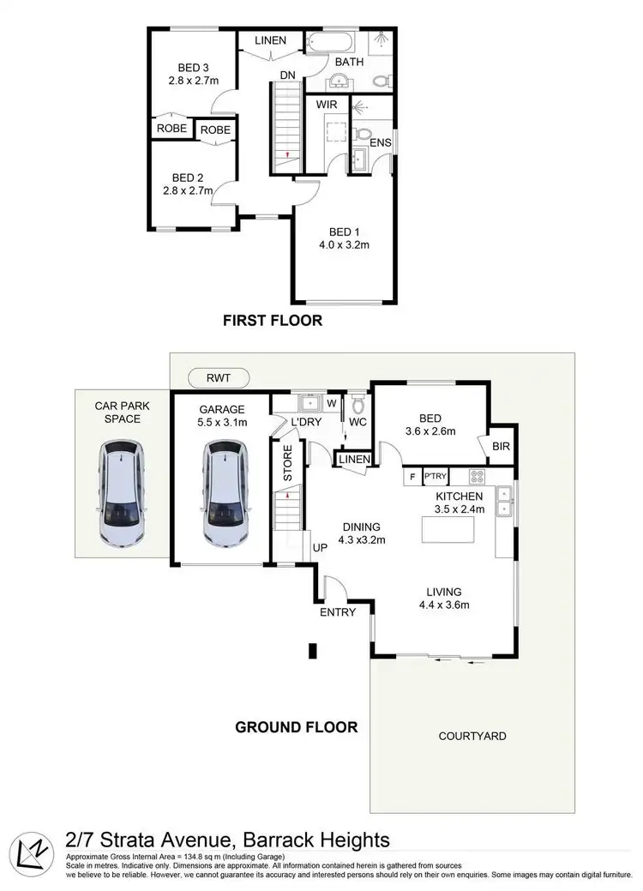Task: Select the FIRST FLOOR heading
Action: click(x=272, y=322)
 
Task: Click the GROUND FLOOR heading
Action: click(x=297, y=727)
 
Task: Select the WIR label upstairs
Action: click(x=327, y=105)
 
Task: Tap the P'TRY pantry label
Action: click(x=436, y=476)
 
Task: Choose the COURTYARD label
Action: click(x=472, y=736)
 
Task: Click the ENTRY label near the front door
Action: click(x=338, y=612)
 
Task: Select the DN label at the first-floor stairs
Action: click(x=288, y=75)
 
